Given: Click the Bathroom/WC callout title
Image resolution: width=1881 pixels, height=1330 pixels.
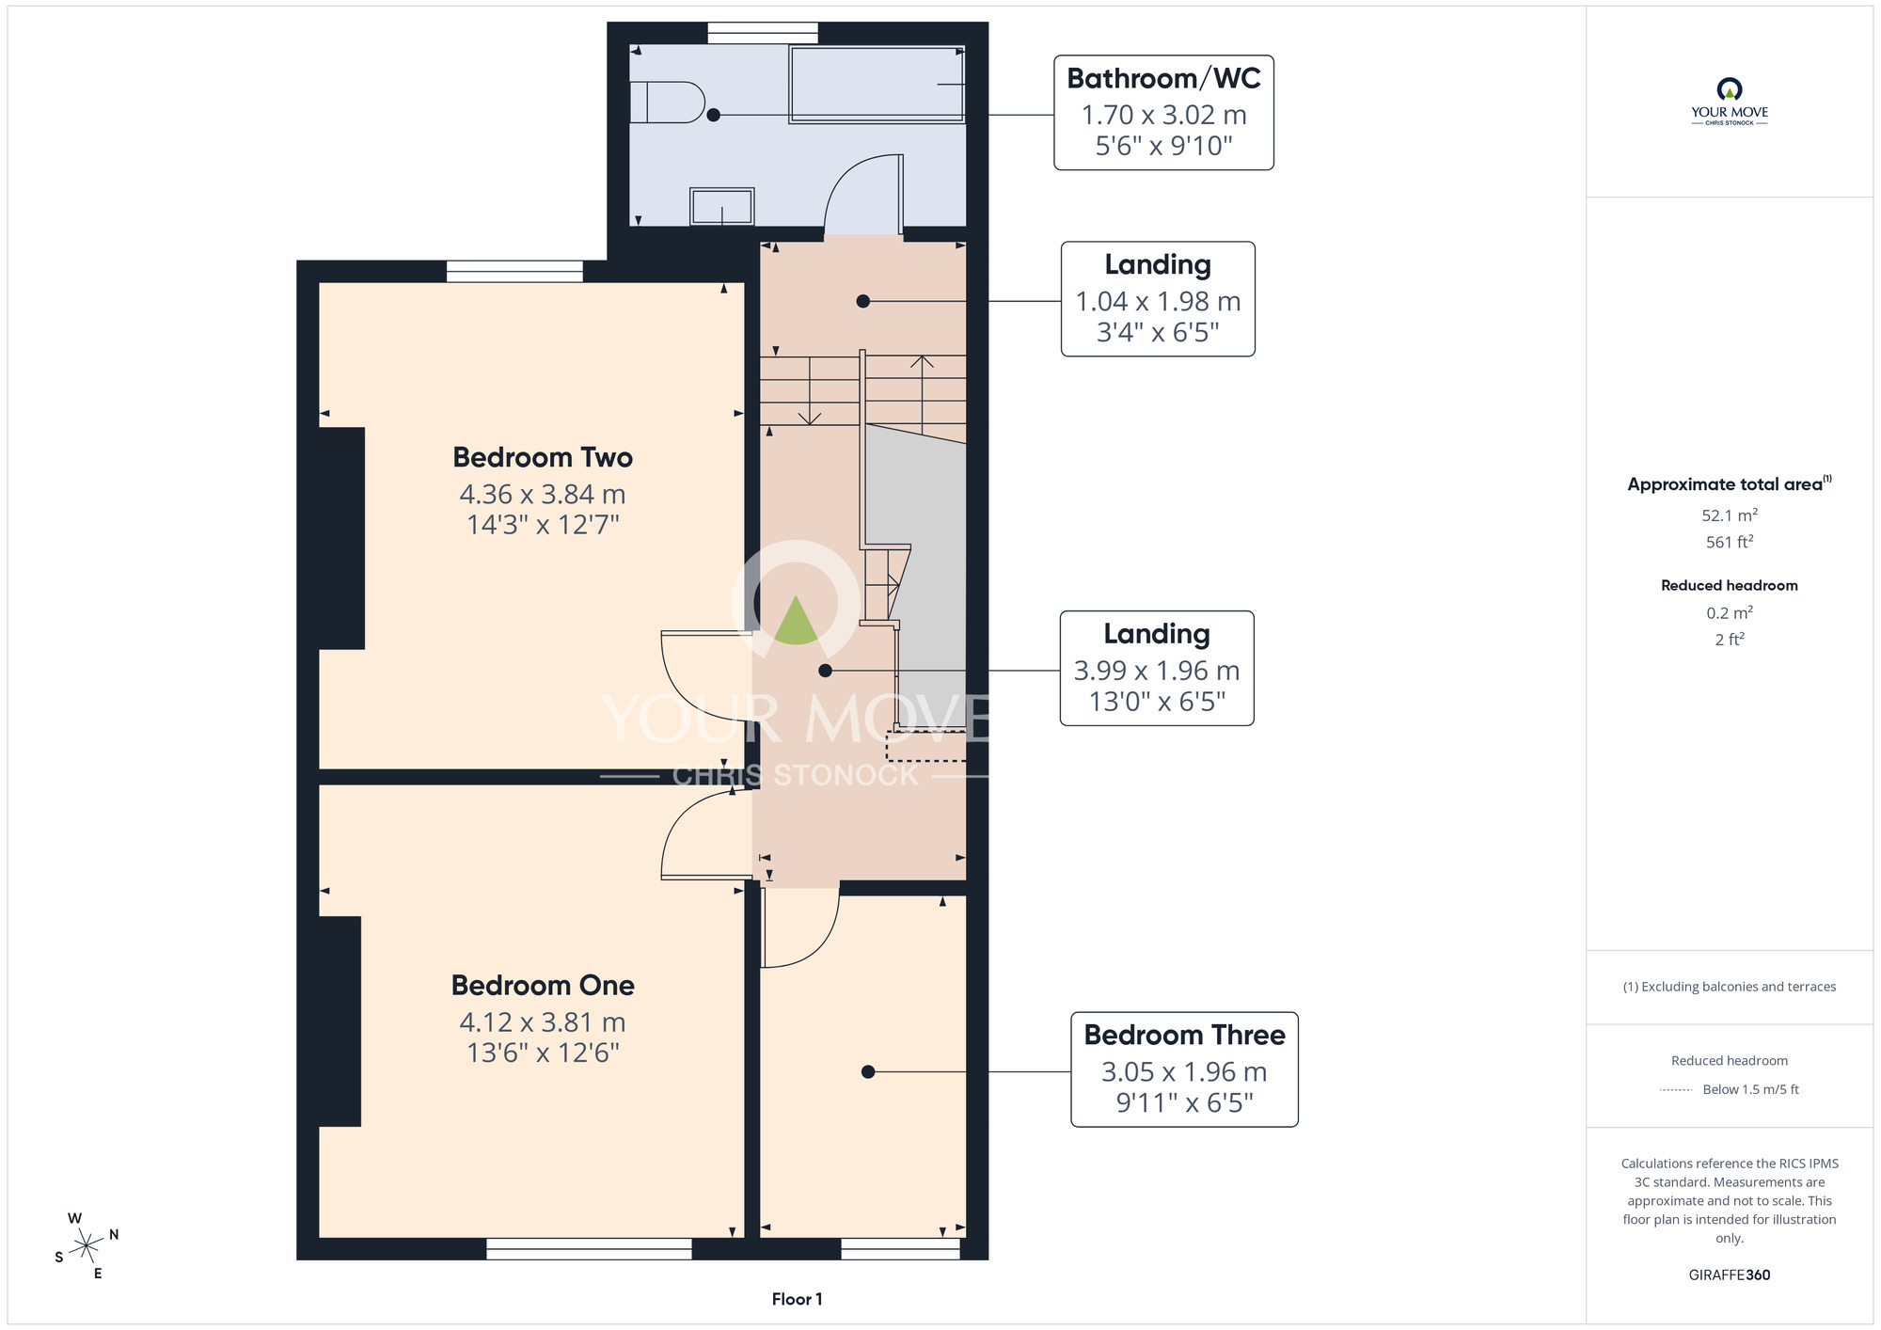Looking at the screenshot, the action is tap(1163, 78).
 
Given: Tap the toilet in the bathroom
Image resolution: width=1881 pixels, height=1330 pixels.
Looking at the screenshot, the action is tap(667, 103).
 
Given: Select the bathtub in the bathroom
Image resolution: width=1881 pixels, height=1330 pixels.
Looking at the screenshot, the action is tap(877, 84).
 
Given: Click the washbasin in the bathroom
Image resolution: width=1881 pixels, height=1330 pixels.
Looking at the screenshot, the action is tap(722, 207).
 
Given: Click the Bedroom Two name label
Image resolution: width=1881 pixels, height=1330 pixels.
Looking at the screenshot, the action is tap(543, 457).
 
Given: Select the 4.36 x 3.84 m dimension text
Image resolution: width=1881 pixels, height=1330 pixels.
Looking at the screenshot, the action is tap(543, 494).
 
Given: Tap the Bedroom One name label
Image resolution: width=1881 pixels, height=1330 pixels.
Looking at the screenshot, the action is tap(543, 985).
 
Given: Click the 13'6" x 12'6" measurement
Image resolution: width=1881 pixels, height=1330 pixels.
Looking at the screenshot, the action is tap(543, 1053).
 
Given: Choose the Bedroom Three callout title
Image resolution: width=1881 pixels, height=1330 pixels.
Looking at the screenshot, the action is tap(1184, 1035).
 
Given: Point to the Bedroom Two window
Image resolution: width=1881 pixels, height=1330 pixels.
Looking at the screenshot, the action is tap(514, 271).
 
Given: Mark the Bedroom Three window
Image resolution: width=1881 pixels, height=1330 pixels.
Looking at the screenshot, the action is tap(900, 1248).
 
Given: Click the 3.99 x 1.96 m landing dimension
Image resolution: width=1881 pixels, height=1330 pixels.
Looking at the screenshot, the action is tap(1157, 671).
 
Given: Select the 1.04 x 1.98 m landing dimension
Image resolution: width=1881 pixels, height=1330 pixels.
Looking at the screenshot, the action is tap(1158, 301).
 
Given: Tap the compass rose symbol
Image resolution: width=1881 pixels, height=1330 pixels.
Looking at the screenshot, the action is tap(87, 1246).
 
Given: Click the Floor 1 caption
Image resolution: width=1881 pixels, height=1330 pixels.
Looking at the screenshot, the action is tap(797, 1299).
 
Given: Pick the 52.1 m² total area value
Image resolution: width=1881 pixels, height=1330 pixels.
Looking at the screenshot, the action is tap(1730, 515).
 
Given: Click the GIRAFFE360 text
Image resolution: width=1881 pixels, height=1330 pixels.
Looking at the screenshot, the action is tap(1730, 1275).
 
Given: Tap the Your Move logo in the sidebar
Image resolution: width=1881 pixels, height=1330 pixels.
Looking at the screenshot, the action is tap(1730, 102).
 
